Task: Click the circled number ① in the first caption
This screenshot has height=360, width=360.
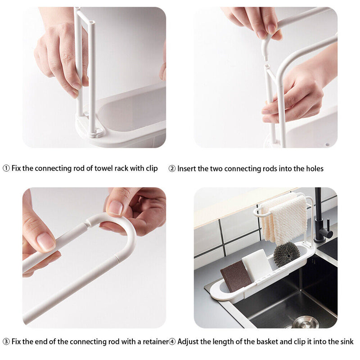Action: (x=6, y=168)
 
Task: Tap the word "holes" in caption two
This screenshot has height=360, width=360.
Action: (x=314, y=169)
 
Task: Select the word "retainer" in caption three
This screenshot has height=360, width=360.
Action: (x=153, y=342)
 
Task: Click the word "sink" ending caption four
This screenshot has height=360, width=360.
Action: (x=346, y=342)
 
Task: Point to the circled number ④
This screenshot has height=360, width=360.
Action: (x=172, y=342)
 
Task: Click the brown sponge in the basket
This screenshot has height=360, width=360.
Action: (x=236, y=276)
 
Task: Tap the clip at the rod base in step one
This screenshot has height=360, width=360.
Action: (x=96, y=131)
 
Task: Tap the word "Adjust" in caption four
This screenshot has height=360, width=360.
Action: (x=188, y=342)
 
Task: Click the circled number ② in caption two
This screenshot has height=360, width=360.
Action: (x=172, y=169)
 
